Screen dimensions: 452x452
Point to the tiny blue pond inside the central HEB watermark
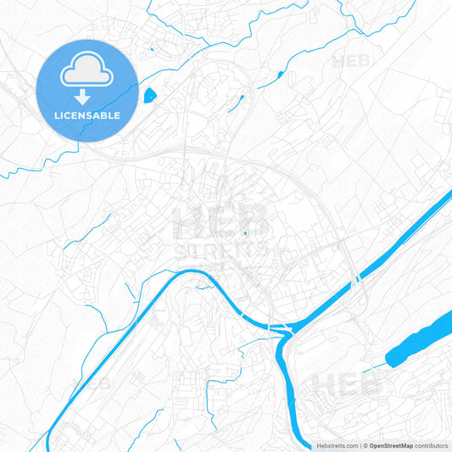245,233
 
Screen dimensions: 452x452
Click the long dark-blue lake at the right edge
420,339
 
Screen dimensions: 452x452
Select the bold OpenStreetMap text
390,445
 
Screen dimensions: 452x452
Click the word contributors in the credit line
432,445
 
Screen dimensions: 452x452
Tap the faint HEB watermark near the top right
352,61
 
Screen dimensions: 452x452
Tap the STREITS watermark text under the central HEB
222,251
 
